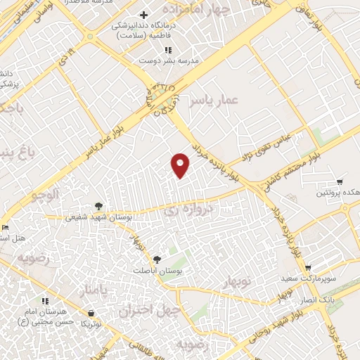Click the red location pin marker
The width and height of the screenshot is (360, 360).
coord(181,165)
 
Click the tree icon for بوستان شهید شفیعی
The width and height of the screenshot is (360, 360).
coord(98,206)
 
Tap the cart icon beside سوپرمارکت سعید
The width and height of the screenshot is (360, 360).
coord(308,268)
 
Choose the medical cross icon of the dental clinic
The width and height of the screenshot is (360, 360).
coord(143,15)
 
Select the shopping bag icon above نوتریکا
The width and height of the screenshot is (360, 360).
coord(91,313)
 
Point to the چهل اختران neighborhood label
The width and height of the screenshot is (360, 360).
coord(159,311)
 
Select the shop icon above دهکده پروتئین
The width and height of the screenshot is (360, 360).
coord(340,182)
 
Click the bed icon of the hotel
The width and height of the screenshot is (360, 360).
coord(4,227)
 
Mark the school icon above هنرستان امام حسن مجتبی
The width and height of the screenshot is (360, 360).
coord(45,301)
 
